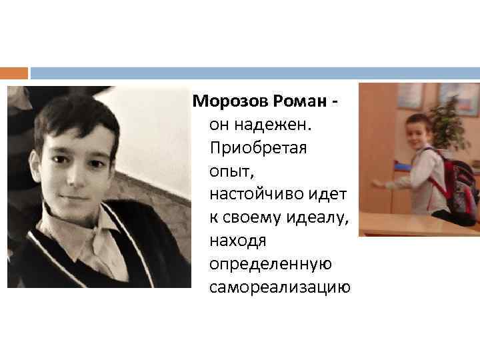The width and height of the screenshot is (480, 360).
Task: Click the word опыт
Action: point(228,171)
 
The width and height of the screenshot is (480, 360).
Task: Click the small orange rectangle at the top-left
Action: point(14,73)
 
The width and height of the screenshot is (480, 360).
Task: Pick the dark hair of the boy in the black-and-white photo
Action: point(73,117)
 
